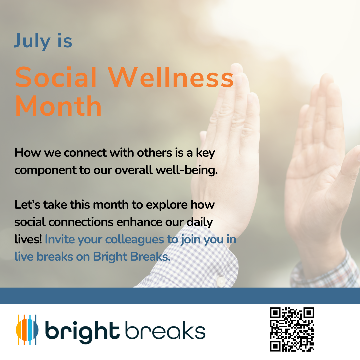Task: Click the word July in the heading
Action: pyautogui.click(x=32, y=41)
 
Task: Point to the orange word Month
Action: pyautogui.click(x=58, y=106)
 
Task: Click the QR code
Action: pyautogui.click(x=292, y=329)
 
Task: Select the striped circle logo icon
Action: pyautogui.click(x=27, y=330)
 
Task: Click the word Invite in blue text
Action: pyautogui.click(x=60, y=239)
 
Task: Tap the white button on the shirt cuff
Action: pyautogui.click(x=221, y=281)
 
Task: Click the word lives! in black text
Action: pyautogui.click(x=28, y=239)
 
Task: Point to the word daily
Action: pyautogui.click(x=200, y=222)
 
